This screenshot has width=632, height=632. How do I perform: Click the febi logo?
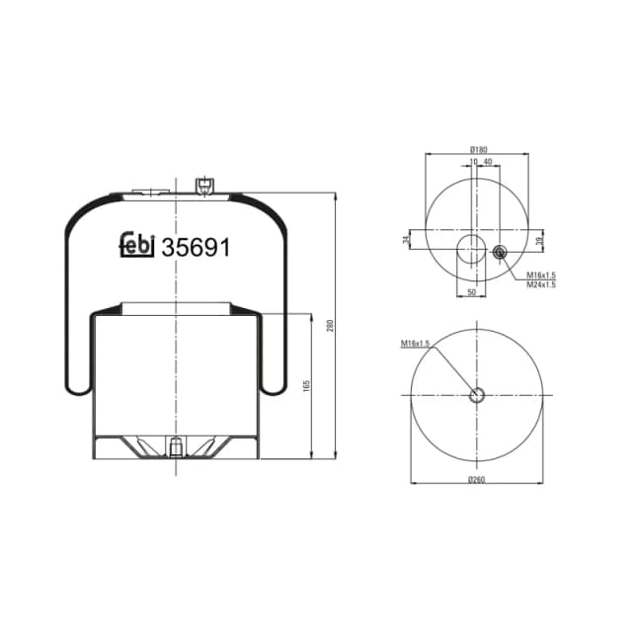[x=135, y=247]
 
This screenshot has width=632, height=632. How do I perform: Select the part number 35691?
[x=196, y=247]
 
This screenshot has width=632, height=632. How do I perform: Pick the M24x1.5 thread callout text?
[x=541, y=284]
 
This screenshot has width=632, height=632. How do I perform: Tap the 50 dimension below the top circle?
[x=471, y=293]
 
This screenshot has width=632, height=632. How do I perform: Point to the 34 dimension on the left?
[x=407, y=240]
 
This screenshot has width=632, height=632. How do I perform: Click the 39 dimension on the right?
[x=538, y=241]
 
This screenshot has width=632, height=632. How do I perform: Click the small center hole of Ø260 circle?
[x=477, y=396]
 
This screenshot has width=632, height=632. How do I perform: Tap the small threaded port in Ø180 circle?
[x=499, y=255]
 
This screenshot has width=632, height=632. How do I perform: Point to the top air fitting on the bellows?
[x=203, y=186]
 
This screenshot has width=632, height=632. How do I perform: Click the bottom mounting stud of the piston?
[x=175, y=449]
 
